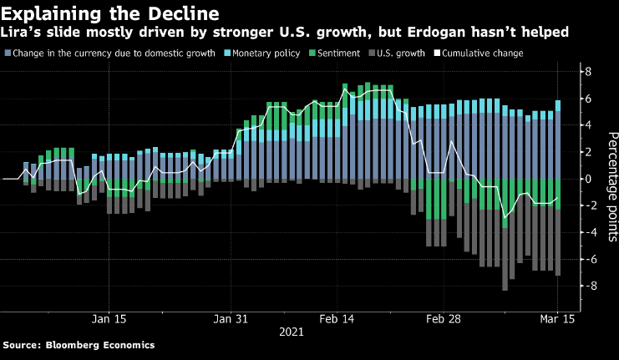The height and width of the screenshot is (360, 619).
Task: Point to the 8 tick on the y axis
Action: tap(589, 72)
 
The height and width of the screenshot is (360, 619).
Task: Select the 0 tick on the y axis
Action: tap(589, 179)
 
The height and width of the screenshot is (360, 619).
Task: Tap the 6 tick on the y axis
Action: tap(589, 99)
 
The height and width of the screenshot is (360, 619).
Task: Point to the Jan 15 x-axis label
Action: tap(109, 318)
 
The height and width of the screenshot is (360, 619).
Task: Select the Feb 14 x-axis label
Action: tap(338, 318)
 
